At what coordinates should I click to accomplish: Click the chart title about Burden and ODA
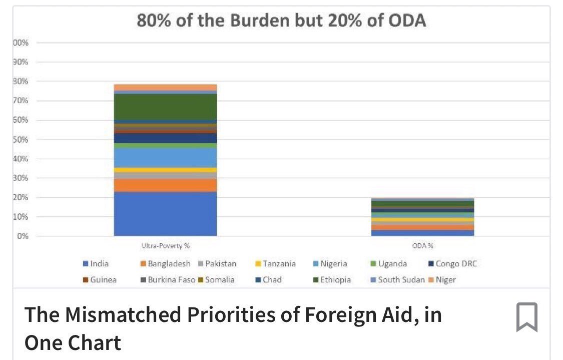tap(281, 22)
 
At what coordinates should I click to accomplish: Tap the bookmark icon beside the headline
tap(526, 317)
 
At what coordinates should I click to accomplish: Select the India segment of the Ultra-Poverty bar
tap(165, 214)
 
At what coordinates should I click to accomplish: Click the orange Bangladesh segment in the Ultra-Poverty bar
tap(165, 185)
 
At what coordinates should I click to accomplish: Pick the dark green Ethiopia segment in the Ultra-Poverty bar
tap(165, 106)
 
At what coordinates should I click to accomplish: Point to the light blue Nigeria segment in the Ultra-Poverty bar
tap(165, 157)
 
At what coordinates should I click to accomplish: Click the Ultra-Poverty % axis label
tap(165, 246)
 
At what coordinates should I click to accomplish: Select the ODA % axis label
tap(423, 246)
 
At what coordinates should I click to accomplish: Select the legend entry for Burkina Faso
tap(168, 279)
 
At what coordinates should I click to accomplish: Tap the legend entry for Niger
tap(442, 279)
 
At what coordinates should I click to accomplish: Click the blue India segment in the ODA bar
tap(423, 233)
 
